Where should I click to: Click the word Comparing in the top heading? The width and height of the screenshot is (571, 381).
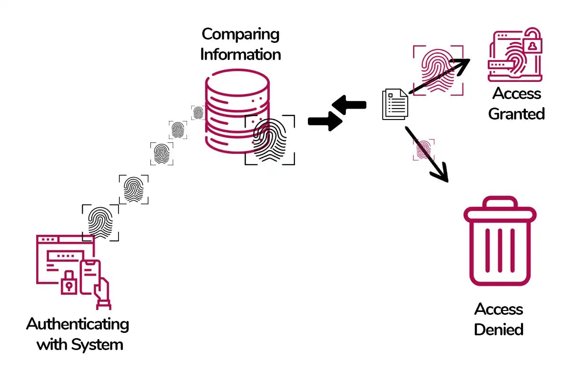click(x=240, y=34)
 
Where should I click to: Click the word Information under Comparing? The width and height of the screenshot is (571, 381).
click(x=240, y=54)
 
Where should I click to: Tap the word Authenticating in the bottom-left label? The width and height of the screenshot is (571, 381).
click(x=78, y=324)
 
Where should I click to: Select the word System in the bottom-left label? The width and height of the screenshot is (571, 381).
click(x=101, y=344)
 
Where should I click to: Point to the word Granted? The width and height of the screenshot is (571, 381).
click(x=516, y=114)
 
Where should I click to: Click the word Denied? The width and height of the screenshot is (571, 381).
click(x=499, y=329)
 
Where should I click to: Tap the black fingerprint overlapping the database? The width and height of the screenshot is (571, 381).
click(x=269, y=140)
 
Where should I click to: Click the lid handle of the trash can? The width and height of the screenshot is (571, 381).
click(x=500, y=202)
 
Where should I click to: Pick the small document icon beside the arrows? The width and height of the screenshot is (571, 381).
click(x=395, y=104)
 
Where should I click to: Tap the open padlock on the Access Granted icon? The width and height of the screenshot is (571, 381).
click(x=532, y=43)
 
